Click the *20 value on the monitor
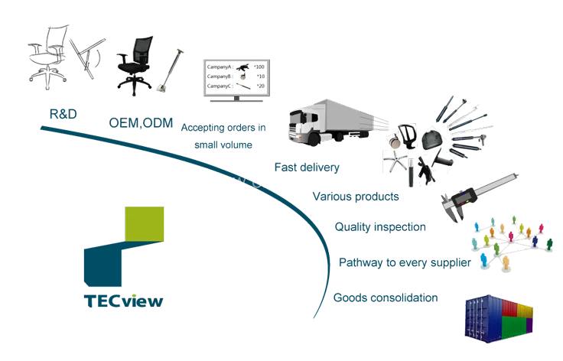tap(260, 86)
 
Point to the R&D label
tap(60, 114)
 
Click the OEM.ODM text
tap(142, 122)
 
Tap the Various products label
tap(355, 197)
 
